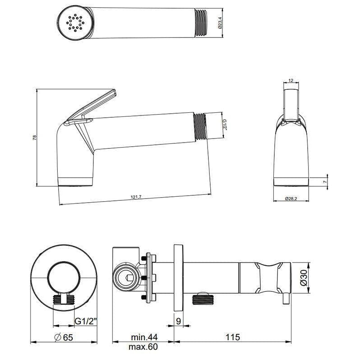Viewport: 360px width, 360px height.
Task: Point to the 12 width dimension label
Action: [x=291, y=80]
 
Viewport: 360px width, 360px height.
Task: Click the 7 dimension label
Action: [x=324, y=182]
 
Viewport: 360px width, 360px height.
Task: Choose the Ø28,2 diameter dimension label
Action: [x=291, y=199]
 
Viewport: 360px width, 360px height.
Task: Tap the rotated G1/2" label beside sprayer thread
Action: [x=224, y=124]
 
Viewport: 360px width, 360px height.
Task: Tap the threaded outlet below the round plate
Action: [x=64, y=299]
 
